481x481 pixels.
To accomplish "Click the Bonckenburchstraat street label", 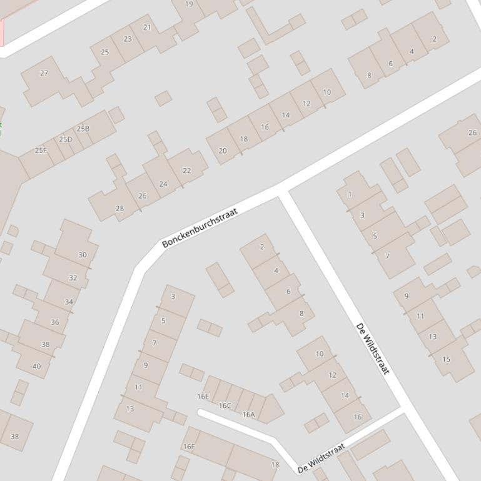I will [200, 228].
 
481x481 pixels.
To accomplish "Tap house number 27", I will [44, 73].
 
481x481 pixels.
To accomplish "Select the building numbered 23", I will [128, 39].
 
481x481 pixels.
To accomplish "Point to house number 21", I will [147, 27].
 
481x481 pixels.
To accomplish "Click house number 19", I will [189, 4].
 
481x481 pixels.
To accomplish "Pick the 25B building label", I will [83, 129].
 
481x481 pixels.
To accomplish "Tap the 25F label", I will [41, 151].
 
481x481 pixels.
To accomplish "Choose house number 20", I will [222, 151].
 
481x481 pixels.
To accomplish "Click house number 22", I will [186, 171].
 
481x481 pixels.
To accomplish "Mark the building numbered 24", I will [163, 184].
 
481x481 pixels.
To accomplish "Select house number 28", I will [119, 209].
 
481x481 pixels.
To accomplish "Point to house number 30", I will [83, 255].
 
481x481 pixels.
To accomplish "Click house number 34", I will [69, 302].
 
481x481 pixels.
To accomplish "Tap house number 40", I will [36, 366].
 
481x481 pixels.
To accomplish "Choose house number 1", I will [350, 194].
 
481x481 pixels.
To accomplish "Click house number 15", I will [446, 359].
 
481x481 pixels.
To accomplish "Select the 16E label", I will [203, 396].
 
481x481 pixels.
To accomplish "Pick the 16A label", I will [248, 414].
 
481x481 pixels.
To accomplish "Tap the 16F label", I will [189, 447].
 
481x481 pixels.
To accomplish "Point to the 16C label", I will [225, 405].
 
